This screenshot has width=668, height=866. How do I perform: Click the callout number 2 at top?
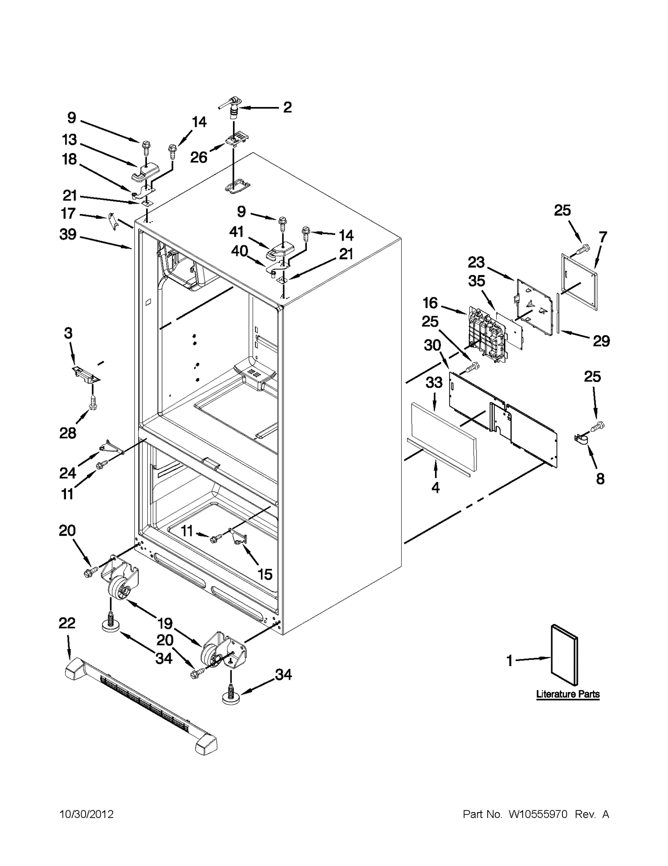click(x=287, y=107)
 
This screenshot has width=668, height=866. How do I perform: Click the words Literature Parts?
click(x=568, y=694)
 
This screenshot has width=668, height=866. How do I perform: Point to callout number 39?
click(x=68, y=234)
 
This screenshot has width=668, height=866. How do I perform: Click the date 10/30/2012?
click(x=86, y=814)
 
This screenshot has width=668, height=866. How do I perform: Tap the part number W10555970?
click(x=538, y=814)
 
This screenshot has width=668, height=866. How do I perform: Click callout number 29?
click(x=601, y=341)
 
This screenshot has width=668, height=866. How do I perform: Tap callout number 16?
click(x=430, y=303)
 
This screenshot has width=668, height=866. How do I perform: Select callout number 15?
click(x=265, y=574)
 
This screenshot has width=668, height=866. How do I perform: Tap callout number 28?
click(x=68, y=433)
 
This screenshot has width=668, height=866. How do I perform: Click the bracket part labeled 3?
click(x=86, y=373)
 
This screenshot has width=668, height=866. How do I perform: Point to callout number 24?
click(x=68, y=473)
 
